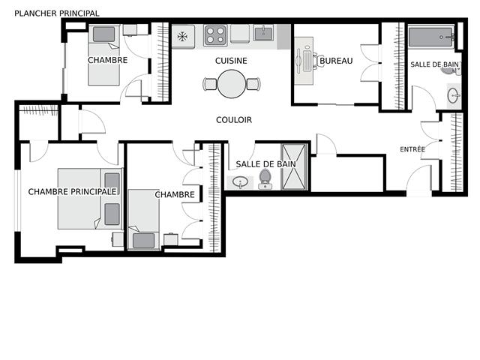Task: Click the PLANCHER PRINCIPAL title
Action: [x=57, y=13]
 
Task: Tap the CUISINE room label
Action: [x=231, y=61]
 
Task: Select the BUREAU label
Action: [x=336, y=61]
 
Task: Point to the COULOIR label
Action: [x=234, y=120]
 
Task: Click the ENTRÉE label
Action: [x=412, y=150]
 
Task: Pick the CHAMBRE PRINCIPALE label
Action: [x=73, y=192]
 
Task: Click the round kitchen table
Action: [x=232, y=84]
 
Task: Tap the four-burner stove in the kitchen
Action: [x=215, y=35]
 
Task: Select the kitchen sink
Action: [x=263, y=34]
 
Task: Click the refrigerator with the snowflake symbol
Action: [x=183, y=36]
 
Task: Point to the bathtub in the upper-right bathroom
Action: [x=430, y=37]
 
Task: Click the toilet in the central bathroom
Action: [x=265, y=178]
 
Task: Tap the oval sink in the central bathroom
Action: [x=241, y=181]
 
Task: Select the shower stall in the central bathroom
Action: [x=294, y=166]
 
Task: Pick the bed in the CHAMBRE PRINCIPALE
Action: [x=88, y=199]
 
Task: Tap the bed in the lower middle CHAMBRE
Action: [x=143, y=218]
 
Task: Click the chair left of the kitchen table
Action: [x=210, y=84]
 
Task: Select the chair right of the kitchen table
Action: [x=253, y=84]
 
